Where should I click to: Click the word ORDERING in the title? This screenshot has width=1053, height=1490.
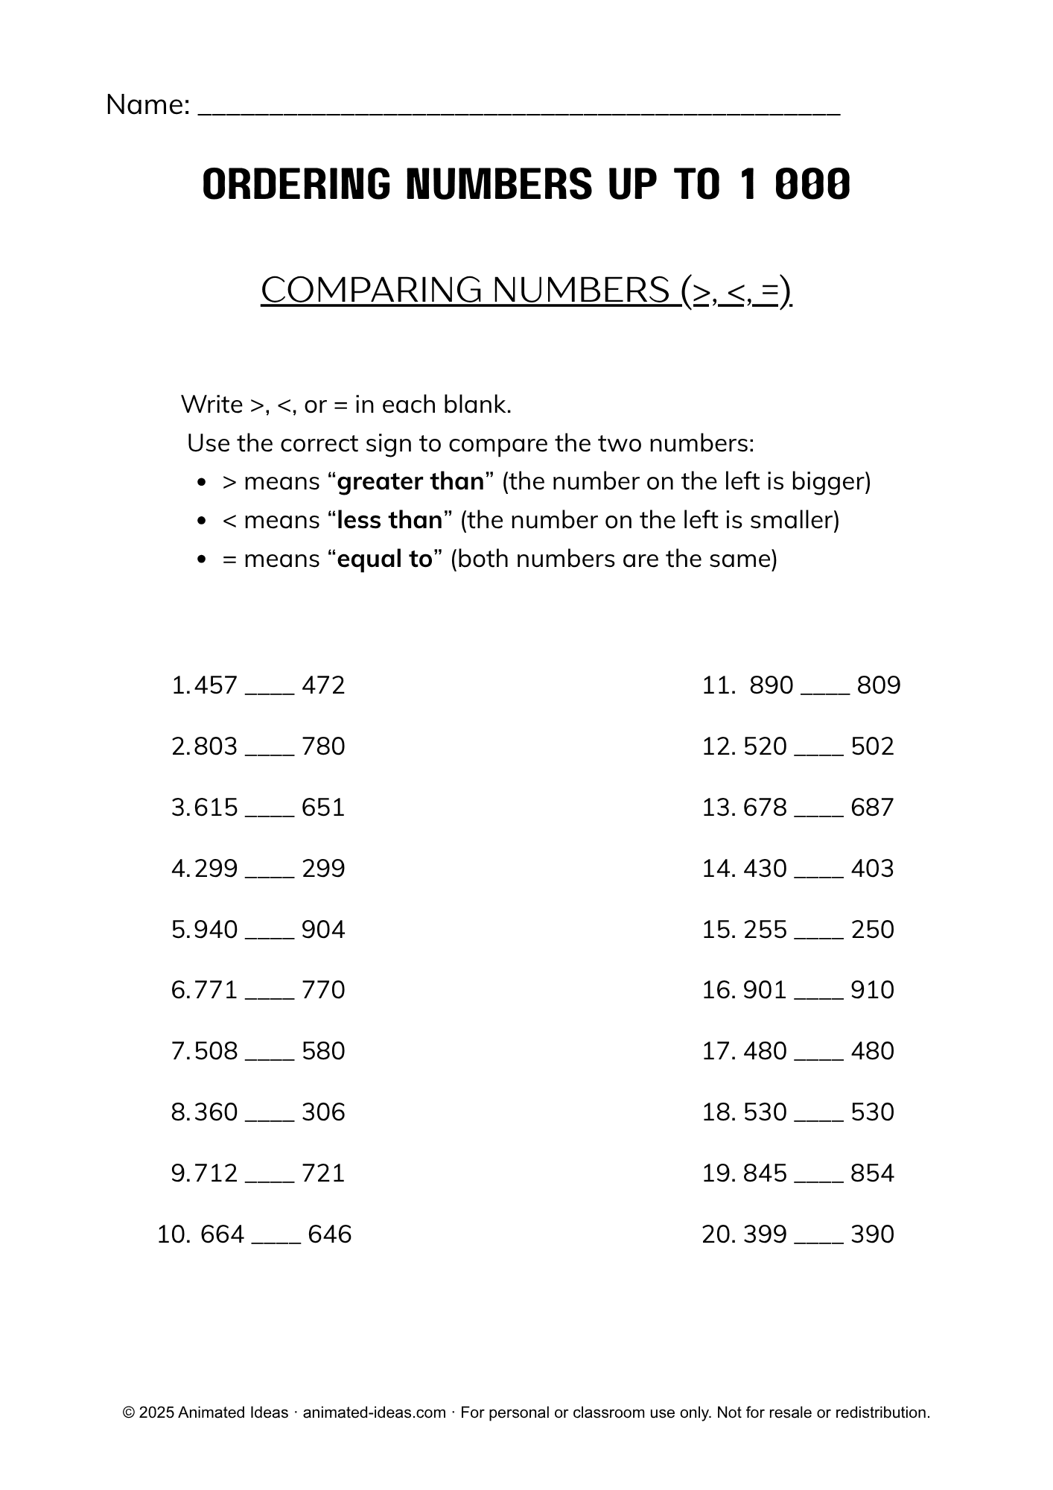point(296,184)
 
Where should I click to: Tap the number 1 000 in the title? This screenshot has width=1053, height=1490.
point(795,184)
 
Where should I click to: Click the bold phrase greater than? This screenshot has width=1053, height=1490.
point(410,481)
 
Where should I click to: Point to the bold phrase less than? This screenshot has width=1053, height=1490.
point(389,520)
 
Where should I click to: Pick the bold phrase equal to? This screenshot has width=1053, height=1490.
point(384,559)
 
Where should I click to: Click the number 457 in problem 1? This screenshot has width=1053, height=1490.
point(215,685)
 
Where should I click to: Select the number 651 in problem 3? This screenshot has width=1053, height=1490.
point(323,808)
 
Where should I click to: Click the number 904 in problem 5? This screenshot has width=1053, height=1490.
point(323,930)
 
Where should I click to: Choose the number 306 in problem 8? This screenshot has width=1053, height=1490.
point(323,1112)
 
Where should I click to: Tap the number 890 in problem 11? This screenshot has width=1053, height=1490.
point(771,685)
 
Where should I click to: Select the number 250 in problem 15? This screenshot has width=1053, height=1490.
point(872,930)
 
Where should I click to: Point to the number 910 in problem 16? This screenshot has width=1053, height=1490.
point(872,990)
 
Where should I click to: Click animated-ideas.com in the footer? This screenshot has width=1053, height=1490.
point(375,1413)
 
